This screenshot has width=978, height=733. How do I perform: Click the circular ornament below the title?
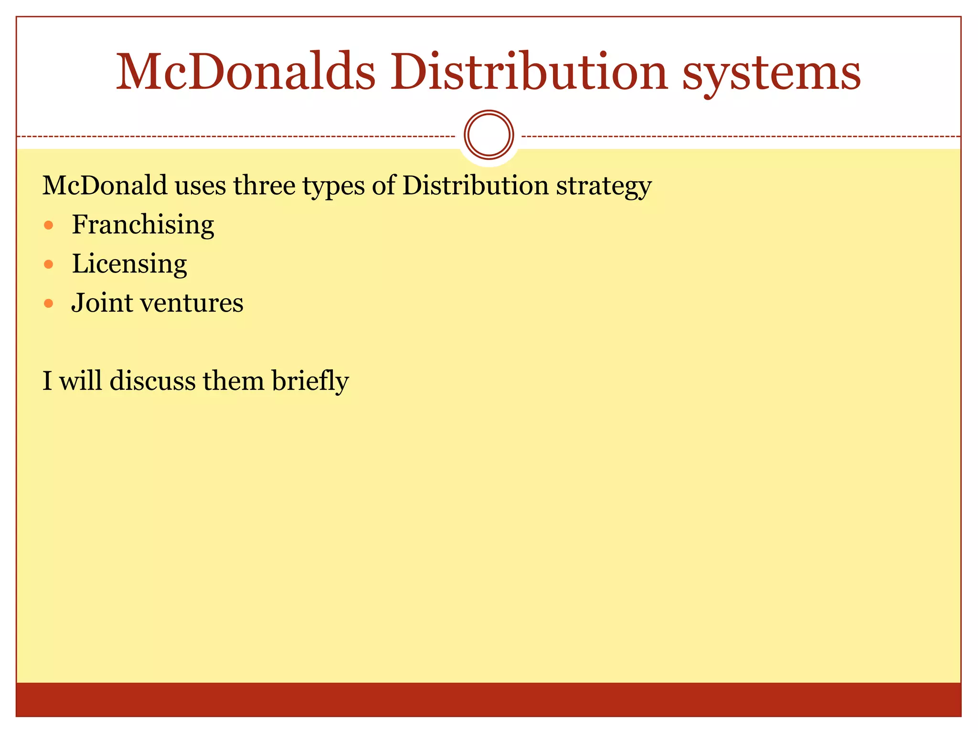pos(489,135)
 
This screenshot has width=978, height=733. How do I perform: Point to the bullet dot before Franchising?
pos(48,225)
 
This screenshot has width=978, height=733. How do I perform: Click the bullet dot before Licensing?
pos(48,264)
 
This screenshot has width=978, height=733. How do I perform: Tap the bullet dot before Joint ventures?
pos(48,304)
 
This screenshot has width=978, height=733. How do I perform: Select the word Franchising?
pos(143,225)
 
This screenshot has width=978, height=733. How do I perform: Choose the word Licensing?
pos(129,264)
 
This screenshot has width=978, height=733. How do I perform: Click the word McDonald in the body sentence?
pos(105,185)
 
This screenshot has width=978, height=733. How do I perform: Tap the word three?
pos(264,185)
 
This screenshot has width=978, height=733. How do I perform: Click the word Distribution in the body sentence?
pos(475,185)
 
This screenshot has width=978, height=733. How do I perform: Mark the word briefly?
pos(310,381)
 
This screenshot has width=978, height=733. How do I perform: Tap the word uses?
pos(201,186)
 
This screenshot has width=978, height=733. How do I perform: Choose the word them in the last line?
pos(234,381)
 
